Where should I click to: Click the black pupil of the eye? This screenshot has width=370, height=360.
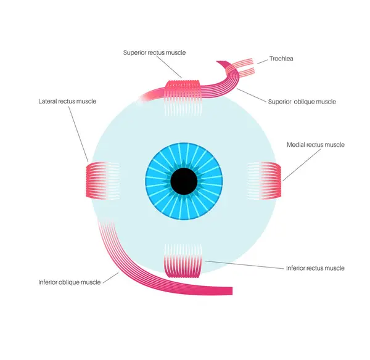point(184,181)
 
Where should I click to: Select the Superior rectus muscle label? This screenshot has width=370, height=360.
point(154,53)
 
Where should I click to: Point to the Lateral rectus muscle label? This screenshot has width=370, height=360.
point(67,101)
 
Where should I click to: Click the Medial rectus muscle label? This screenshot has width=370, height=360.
point(316,145)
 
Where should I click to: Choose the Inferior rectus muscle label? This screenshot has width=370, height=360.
point(315,268)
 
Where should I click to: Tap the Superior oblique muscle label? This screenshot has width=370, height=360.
point(302,102)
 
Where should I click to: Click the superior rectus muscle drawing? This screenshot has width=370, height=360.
point(183,89)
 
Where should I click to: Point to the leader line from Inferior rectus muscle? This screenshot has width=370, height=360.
point(243,264)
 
